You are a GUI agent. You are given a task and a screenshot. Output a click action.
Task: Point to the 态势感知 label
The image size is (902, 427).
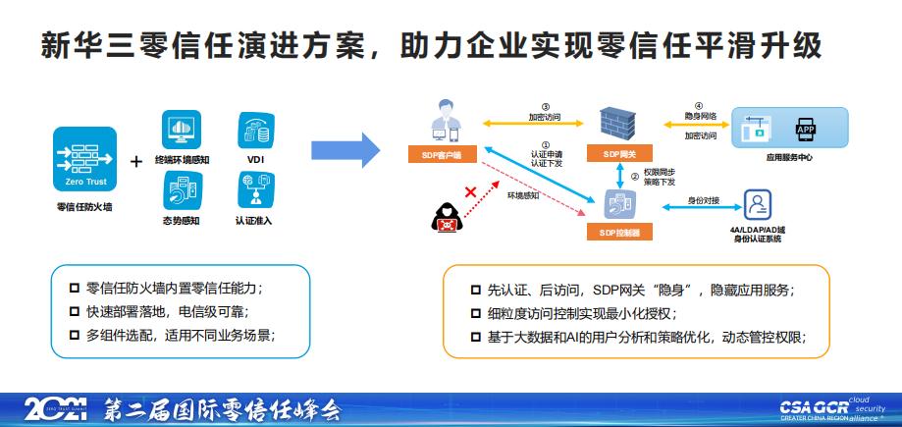tap(181, 221)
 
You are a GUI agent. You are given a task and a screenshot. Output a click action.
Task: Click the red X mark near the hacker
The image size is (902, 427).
tap(470, 192)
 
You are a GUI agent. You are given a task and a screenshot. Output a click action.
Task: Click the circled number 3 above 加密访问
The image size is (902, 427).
tap(545, 107)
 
